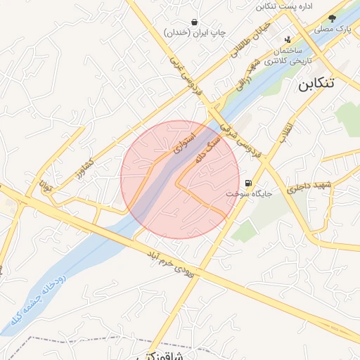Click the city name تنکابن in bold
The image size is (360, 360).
(311, 83)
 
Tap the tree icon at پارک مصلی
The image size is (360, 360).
(332, 19)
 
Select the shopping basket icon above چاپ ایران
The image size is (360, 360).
(194, 22)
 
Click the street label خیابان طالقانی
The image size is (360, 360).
(231, 44)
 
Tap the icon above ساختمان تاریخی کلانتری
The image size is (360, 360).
(287, 39)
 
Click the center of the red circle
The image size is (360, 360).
(180, 179)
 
